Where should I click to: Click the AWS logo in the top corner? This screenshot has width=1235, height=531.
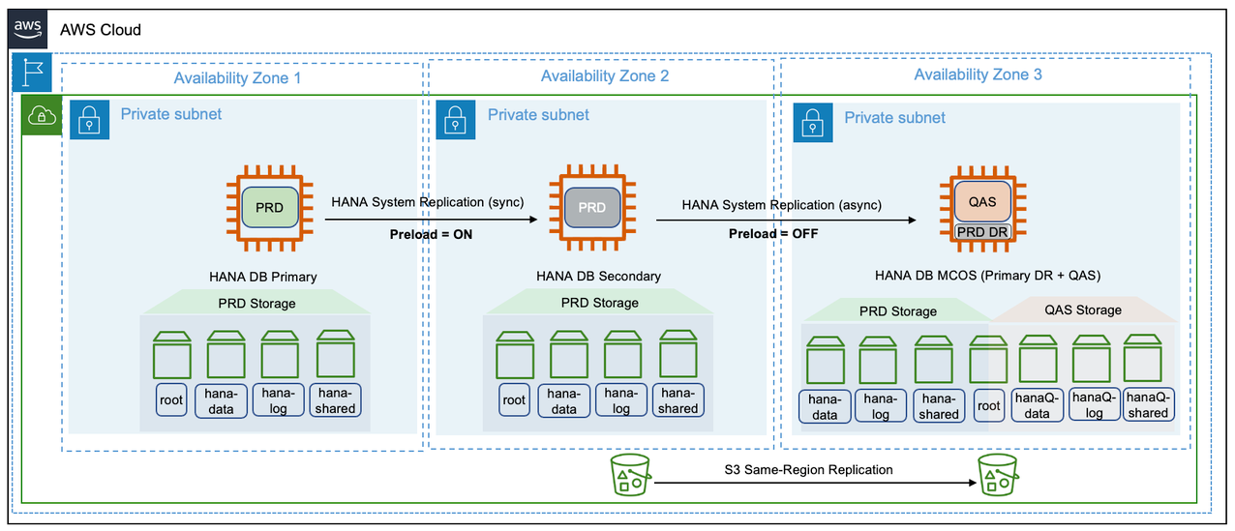tap(29, 29)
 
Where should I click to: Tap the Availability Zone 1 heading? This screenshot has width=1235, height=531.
tap(237, 77)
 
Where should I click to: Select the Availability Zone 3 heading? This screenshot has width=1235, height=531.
tap(978, 74)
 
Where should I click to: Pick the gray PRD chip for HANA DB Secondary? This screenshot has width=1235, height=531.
tap(591, 207)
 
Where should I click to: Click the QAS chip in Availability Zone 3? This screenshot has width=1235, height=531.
tap(981, 202)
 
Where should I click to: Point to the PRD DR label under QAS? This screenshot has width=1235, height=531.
tap(981, 232)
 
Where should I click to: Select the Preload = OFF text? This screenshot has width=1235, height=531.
tap(773, 233)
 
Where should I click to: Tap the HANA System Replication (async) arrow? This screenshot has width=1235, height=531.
tap(785, 220)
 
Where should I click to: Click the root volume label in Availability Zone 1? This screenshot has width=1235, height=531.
tap(170, 399)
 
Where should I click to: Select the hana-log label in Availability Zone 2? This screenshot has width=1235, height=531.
tap(621, 400)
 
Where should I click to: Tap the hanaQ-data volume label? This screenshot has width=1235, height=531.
tap(1037, 404)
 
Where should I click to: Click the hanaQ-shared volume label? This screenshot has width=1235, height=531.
tap(1148, 404)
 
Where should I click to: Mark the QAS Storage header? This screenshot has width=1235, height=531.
tap(1084, 310)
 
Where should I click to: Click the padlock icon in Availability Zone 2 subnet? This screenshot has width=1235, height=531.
tap(456, 120)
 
